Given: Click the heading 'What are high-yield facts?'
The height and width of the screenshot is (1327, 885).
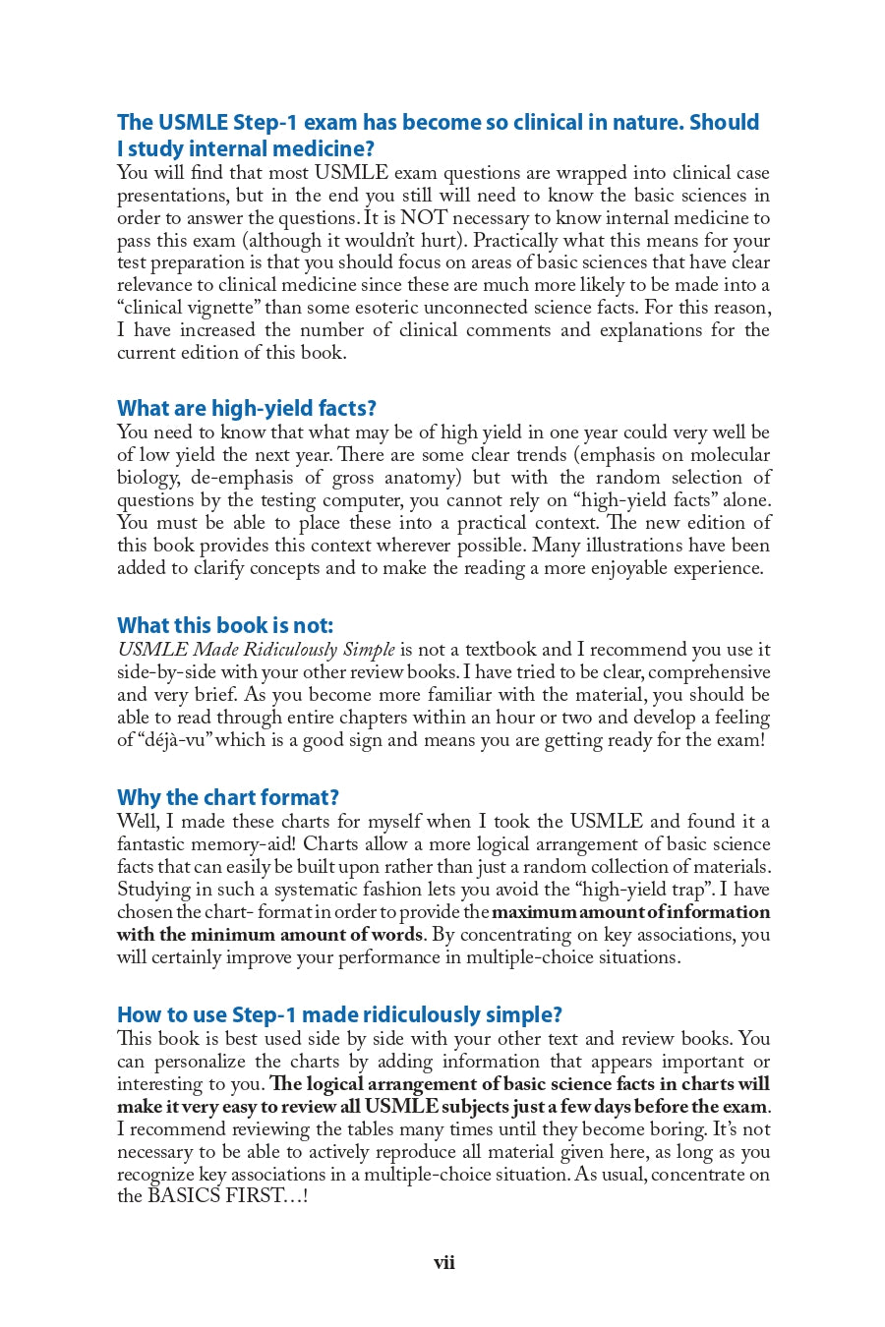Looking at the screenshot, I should (246, 409).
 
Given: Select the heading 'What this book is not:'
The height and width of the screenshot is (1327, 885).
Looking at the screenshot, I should (225, 626).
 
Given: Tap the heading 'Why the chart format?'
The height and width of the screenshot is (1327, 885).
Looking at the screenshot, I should (227, 798).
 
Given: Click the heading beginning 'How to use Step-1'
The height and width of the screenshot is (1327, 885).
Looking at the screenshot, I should (339, 1015).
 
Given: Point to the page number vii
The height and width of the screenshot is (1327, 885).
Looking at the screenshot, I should (443, 1263).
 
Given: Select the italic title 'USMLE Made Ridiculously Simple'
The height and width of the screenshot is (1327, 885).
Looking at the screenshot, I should (256, 650).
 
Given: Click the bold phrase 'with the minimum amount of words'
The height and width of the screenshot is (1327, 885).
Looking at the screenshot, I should (270, 935).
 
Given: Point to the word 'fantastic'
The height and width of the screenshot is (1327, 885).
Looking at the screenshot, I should (152, 844).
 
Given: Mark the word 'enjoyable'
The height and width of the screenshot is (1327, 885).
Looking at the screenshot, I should (628, 568).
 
